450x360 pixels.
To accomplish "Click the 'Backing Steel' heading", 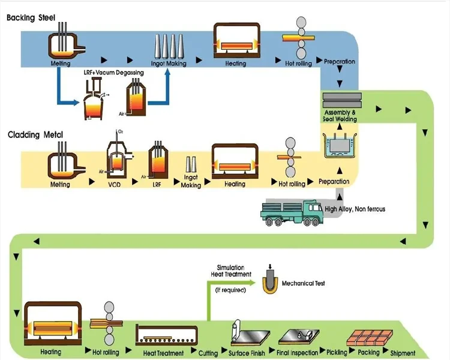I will tap(31, 18).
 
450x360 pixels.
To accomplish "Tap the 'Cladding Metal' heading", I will tap(35, 135).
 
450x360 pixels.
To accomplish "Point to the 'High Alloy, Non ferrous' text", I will tap(355, 209).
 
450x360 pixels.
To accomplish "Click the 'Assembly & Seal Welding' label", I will tap(340, 116).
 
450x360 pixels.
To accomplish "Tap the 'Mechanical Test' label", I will tap(303, 283).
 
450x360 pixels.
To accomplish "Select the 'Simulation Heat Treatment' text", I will tap(230, 271).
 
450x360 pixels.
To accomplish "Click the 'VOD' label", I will tap(115, 184).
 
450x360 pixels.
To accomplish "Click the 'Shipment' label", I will tap(407, 353).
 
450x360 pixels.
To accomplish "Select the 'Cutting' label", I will tap(208, 353).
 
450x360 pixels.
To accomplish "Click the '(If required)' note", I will tap(230, 290).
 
